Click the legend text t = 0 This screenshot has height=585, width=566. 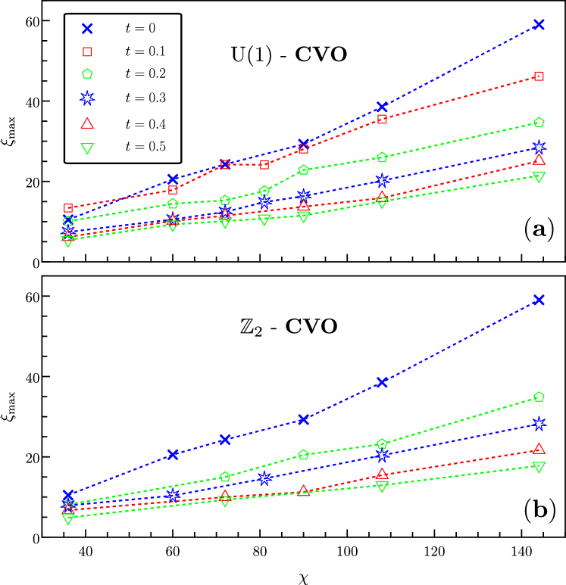click(x=140, y=29)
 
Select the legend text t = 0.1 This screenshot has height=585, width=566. click(x=145, y=51)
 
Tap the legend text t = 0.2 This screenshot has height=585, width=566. click(x=145, y=73)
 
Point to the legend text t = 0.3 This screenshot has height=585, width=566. click(x=145, y=98)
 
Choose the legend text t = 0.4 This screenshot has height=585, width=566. click(x=145, y=124)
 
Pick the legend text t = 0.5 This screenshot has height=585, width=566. click(x=145, y=147)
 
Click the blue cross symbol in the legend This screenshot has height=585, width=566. click(x=87, y=29)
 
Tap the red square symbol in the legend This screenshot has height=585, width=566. click(x=87, y=51)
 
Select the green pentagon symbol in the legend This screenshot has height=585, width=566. click(x=87, y=73)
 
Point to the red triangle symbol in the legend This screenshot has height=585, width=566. click(x=87, y=123)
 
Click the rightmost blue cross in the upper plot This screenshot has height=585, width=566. click(x=539, y=24)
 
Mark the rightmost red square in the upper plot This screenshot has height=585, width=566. click(x=539, y=76)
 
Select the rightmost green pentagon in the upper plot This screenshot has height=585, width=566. click(x=539, y=122)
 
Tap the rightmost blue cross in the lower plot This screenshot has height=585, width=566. click(x=539, y=300)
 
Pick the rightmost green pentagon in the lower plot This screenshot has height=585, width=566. click(x=539, y=397)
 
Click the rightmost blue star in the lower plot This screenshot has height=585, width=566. click(x=539, y=423)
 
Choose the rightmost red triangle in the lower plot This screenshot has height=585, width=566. click(x=539, y=449)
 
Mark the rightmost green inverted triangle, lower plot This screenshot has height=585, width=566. click(x=539, y=467)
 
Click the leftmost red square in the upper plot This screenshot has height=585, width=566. click(x=68, y=208)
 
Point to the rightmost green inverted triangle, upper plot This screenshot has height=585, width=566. click(x=539, y=177)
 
